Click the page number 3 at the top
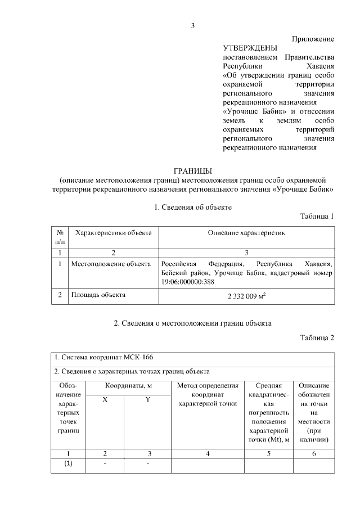pos(193,25)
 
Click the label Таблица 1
pos(317,217)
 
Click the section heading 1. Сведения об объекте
pos(193,207)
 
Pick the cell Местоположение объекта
pos(111,263)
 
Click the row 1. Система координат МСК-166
pos(103,358)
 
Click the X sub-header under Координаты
pos(105,399)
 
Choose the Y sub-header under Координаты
pos(148,399)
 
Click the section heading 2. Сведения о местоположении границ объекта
pos(193,323)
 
